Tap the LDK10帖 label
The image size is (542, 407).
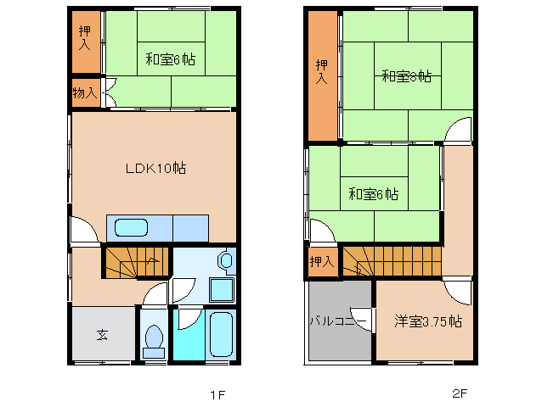[x=155, y=168]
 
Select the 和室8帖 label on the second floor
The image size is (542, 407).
[x=406, y=76]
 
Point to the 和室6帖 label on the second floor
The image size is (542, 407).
[x=373, y=193]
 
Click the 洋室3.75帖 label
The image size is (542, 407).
[x=427, y=321]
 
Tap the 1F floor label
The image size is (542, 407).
[x=217, y=394]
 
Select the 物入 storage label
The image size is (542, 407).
[x=86, y=92]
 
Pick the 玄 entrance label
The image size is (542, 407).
[x=102, y=335]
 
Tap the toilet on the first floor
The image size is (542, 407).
[x=154, y=338]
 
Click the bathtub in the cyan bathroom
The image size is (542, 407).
[x=219, y=336]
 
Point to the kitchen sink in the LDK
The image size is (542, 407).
[x=131, y=228]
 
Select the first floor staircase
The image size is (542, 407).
[x=134, y=263]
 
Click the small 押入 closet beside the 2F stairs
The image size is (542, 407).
[x=322, y=262]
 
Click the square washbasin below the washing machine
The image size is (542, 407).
[x=221, y=289]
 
